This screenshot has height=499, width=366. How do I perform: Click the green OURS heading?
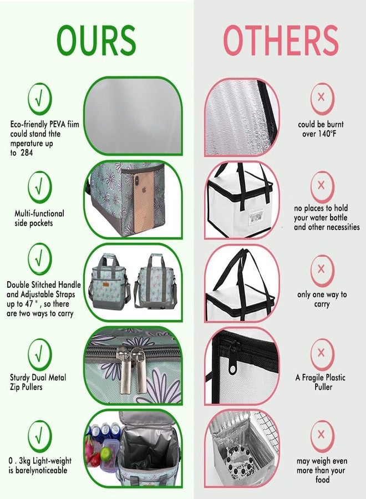96,40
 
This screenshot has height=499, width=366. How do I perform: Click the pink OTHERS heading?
281,40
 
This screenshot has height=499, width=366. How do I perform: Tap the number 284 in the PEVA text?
27,153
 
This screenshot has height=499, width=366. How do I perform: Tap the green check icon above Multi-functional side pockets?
39,187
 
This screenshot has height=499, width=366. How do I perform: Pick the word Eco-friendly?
29,124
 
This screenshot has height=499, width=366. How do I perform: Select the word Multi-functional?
39,213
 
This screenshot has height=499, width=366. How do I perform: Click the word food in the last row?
322,480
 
